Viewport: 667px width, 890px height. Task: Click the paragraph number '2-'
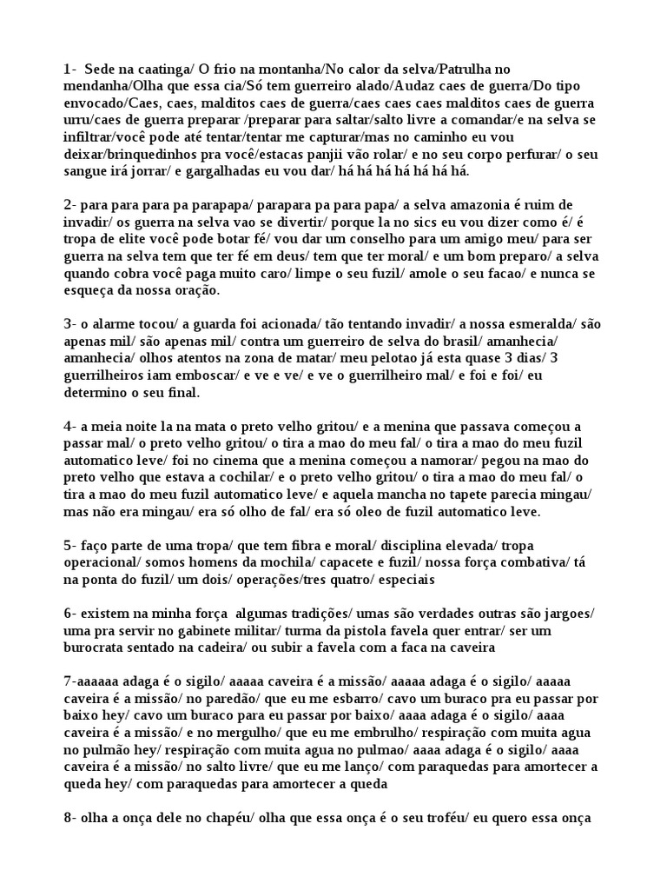[x=70, y=205]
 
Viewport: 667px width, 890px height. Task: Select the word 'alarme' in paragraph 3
[x=111, y=324]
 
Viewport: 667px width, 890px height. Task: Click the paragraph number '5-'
[x=70, y=545]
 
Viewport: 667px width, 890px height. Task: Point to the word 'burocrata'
[x=96, y=648]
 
